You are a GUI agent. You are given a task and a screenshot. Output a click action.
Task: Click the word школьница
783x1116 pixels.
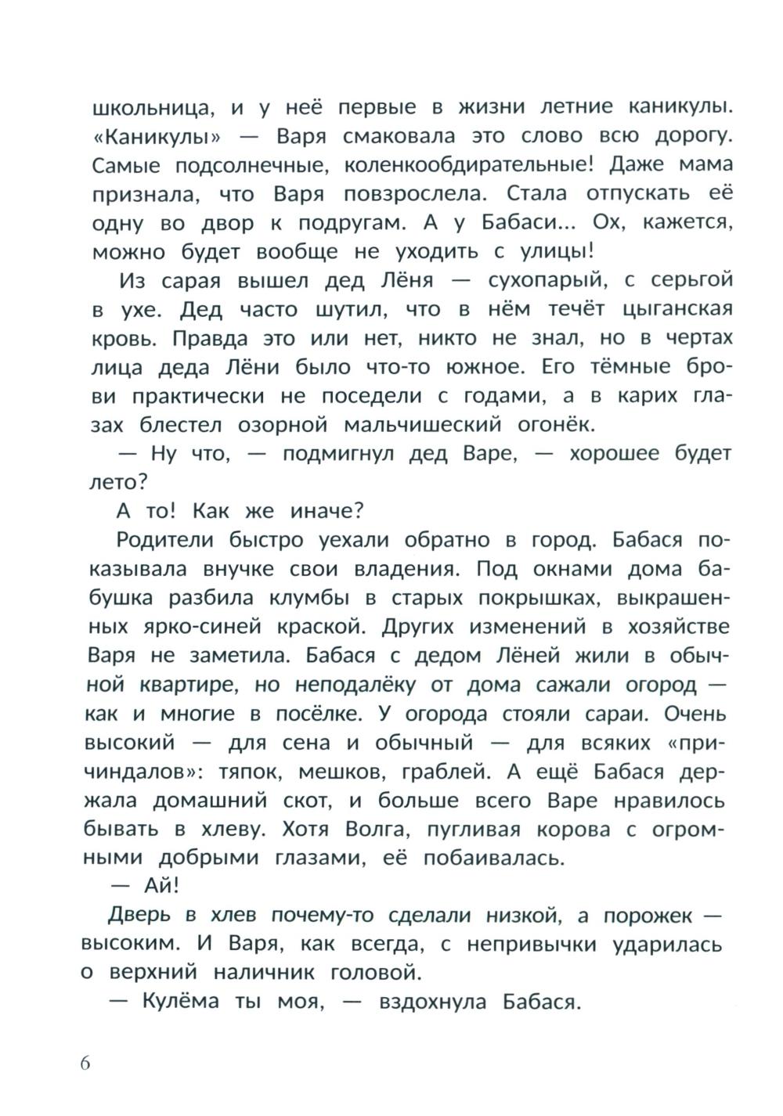tap(150, 106)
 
